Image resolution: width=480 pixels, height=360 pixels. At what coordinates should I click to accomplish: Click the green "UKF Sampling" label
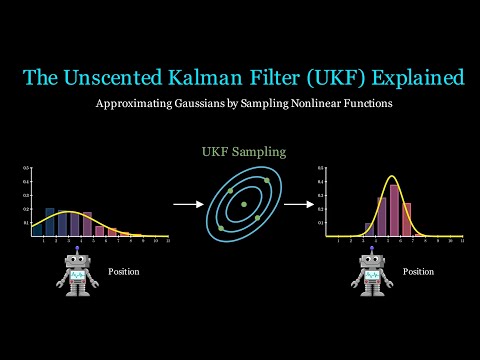click(243, 151)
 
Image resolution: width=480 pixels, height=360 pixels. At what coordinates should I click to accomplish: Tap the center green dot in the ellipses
click(244, 204)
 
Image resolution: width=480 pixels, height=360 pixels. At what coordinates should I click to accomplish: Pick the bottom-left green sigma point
click(221, 228)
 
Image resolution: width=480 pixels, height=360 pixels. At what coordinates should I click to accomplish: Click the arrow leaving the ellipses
click(298, 204)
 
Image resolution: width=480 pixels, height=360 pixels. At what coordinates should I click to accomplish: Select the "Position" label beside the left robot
click(123, 271)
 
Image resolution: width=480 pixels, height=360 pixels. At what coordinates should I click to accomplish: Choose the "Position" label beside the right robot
click(418, 271)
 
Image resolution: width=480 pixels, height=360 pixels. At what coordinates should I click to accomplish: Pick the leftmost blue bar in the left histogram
click(50, 221)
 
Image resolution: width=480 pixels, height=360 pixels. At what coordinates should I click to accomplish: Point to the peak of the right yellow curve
click(393, 177)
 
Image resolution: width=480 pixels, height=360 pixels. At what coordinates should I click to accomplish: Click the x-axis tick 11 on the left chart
click(168, 242)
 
